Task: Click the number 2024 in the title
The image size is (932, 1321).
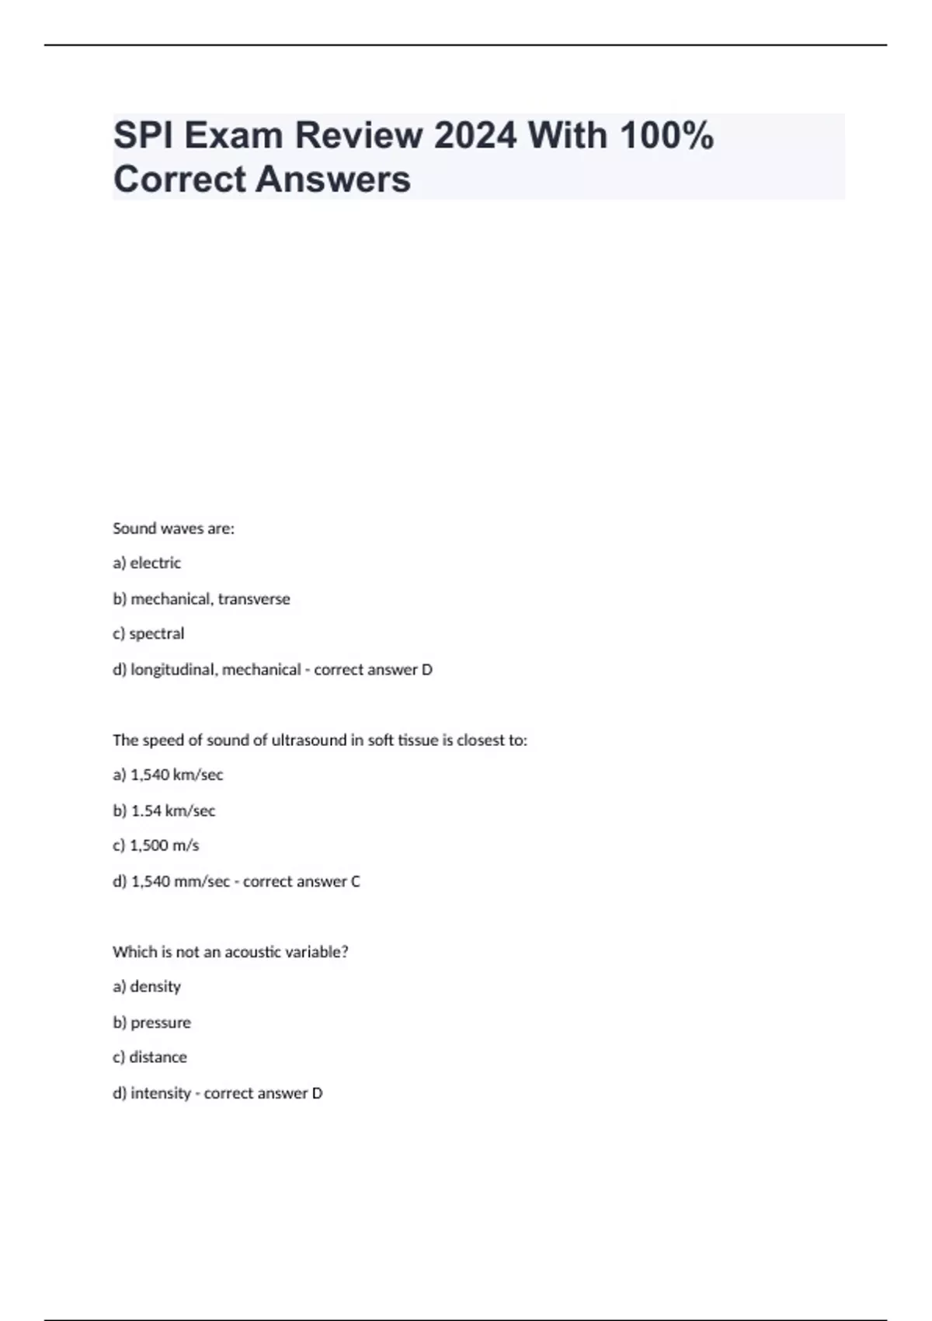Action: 475,136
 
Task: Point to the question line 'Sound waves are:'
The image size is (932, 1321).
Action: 173,528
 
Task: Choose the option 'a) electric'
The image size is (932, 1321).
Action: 147,563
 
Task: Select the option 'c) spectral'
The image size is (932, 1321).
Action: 148,633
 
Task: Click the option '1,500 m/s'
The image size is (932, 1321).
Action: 165,845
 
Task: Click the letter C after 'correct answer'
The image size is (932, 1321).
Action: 356,881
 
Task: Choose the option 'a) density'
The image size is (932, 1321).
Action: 147,986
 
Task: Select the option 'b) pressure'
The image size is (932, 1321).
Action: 151,1023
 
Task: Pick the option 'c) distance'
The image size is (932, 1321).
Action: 150,1057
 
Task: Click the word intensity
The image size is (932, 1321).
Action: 161,1093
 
